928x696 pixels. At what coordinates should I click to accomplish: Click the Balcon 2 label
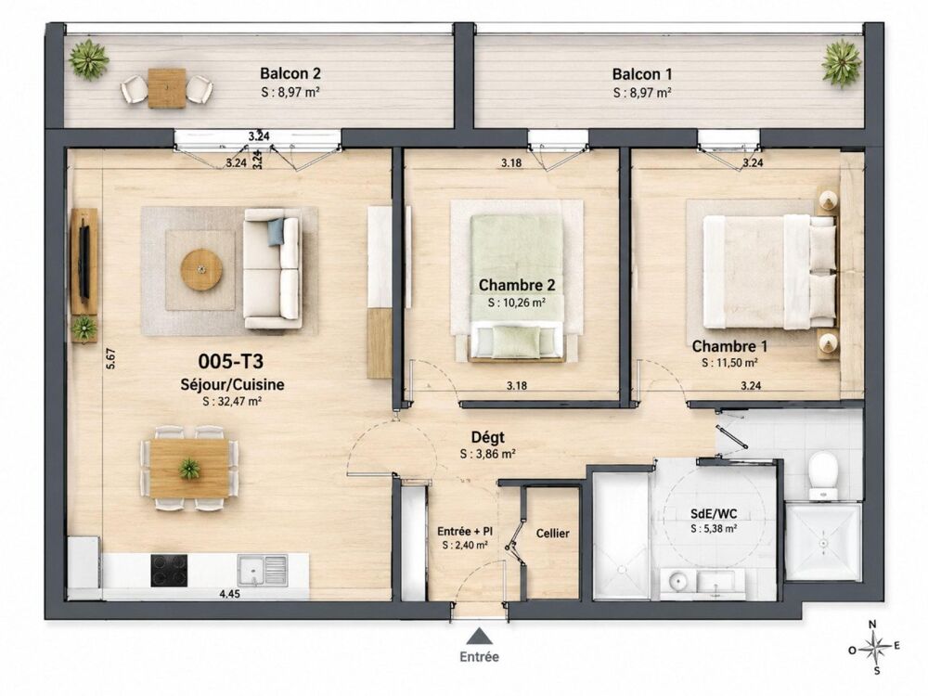pyautogui.click(x=290, y=73)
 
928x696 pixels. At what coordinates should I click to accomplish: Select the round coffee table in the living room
pyautogui.click(x=201, y=270)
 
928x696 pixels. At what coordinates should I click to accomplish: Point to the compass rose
pyautogui.click(x=877, y=646)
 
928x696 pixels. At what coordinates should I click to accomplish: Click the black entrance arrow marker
pyautogui.click(x=480, y=637)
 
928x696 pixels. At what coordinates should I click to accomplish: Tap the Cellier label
pyautogui.click(x=553, y=534)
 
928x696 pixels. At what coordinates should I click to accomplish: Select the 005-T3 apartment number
pyautogui.click(x=231, y=361)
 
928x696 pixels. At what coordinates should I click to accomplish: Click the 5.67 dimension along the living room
pyautogui.click(x=110, y=358)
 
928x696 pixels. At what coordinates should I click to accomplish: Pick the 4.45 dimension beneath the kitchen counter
pyautogui.click(x=229, y=594)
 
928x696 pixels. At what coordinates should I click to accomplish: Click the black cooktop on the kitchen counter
pyautogui.click(x=169, y=571)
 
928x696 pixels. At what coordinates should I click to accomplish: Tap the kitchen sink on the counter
pyautogui.click(x=263, y=571)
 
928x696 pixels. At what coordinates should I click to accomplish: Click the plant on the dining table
pyautogui.click(x=189, y=469)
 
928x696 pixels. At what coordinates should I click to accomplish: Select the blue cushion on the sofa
pyautogui.click(x=276, y=231)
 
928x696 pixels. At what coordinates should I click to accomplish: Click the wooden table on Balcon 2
pyautogui.click(x=167, y=88)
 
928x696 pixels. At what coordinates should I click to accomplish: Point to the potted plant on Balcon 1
pyautogui.click(x=842, y=63)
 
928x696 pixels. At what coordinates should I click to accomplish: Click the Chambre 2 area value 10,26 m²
pyautogui.click(x=517, y=303)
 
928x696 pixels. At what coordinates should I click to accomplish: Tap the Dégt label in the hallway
pyautogui.click(x=488, y=437)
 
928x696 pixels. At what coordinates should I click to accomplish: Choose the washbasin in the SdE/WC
pyautogui.click(x=677, y=580)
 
